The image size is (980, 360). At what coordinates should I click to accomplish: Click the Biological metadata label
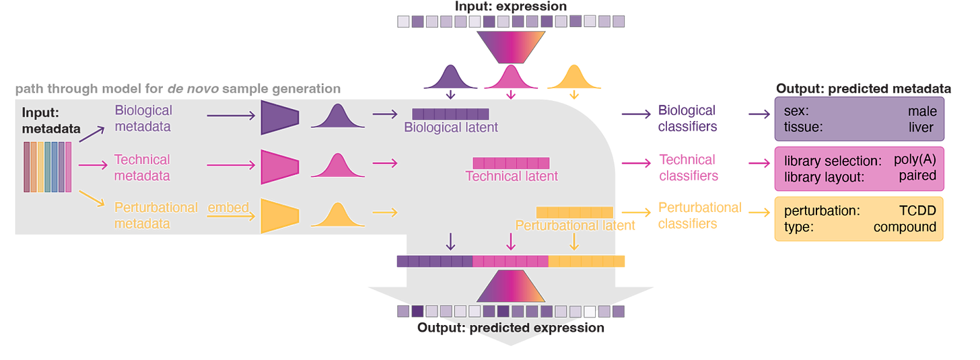pos(143,118)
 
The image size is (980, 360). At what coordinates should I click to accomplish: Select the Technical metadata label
pos(142,168)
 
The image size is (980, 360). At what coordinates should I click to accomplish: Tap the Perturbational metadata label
pos(156,215)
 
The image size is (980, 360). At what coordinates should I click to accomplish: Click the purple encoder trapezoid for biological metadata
pos(279,114)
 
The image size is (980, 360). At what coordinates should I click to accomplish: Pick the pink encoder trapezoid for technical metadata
pos(279,166)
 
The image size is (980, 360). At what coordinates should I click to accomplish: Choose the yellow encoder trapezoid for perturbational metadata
pos(279,215)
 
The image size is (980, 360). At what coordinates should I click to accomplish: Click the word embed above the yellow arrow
pos(228,207)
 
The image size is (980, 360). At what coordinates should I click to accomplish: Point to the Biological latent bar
pos(450,114)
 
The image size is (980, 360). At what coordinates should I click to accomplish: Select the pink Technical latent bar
pos(510,163)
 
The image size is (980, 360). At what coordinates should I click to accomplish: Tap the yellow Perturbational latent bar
pos(574,213)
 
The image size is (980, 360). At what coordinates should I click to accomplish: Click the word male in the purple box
pos(922,111)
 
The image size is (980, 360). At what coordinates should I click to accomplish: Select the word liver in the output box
pos(921,127)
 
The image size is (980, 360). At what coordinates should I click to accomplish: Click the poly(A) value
pos(915,161)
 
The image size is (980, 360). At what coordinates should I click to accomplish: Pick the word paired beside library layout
pos(917,176)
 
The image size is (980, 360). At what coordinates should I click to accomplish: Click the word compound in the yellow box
pos(905,227)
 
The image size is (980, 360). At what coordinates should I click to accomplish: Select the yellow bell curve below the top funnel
pos(573,78)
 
